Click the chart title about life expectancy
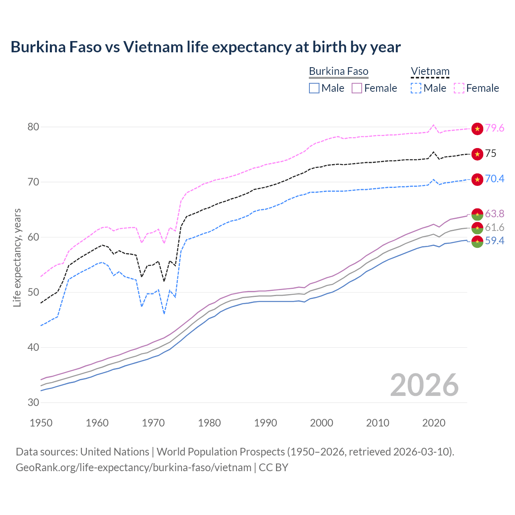[x=206, y=47]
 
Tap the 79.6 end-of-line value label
[x=494, y=128]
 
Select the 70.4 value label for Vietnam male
[x=494, y=179]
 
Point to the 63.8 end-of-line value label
[x=494, y=214]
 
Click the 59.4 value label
[x=494, y=241]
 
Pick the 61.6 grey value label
[x=494, y=227]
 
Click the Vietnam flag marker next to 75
[x=477, y=154]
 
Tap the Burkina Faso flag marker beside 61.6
[x=477, y=228]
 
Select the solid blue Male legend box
[x=314, y=88]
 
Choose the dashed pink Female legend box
[x=459, y=88]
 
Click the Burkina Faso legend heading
[x=338, y=72]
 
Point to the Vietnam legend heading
[x=430, y=72]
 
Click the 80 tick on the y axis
[x=33, y=127]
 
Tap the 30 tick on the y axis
[x=33, y=402]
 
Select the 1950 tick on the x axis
[x=41, y=423]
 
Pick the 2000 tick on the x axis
[x=321, y=423]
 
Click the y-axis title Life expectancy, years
[x=17, y=257]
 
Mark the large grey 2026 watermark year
[x=424, y=385]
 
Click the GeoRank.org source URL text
[x=134, y=468]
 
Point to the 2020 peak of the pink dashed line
[x=433, y=125]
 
